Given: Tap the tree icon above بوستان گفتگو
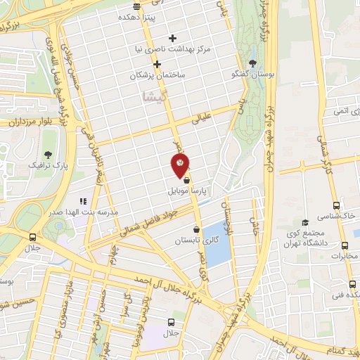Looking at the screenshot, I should point(253,63).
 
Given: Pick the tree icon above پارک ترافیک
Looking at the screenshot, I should point(48,155).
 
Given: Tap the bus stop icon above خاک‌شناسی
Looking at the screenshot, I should point(337,205).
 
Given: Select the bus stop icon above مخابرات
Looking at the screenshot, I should point(345,245).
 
